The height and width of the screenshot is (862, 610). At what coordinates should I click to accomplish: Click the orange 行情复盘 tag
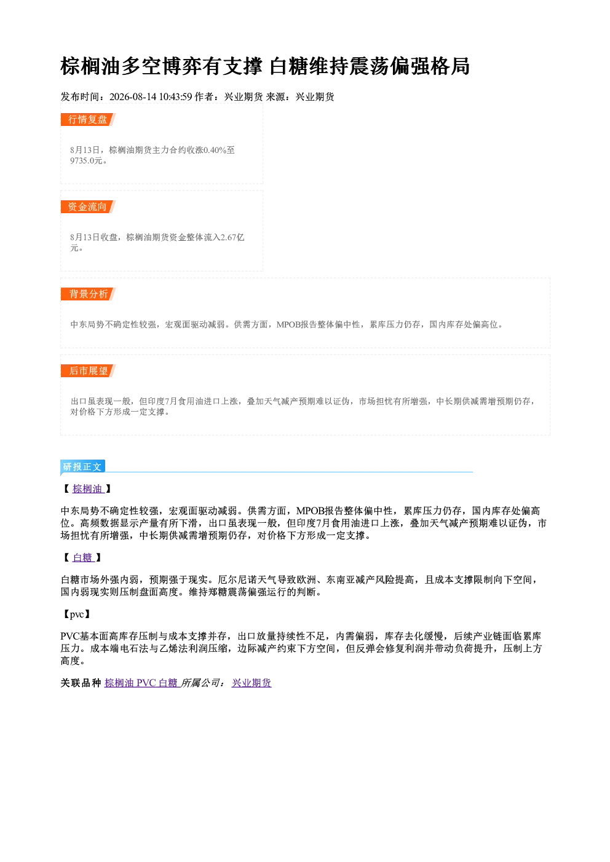[x=88, y=119]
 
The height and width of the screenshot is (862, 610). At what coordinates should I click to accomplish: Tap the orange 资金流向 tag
[x=88, y=206]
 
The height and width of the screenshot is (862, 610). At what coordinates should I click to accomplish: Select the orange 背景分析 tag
[x=88, y=294]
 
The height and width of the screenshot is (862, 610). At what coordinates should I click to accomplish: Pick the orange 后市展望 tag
[x=88, y=370]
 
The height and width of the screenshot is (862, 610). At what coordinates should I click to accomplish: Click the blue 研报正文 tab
[x=82, y=467]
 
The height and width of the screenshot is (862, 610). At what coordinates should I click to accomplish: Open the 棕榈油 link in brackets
[x=88, y=488]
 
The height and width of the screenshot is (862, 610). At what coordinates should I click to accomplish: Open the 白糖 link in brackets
[x=83, y=558]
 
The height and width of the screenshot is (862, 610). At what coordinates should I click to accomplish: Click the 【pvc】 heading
[x=77, y=614]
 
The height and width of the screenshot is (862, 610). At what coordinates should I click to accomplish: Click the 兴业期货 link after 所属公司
[x=252, y=683]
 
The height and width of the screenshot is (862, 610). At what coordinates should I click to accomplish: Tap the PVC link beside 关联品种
[x=146, y=683]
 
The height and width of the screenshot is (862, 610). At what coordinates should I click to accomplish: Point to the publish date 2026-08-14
[x=133, y=96]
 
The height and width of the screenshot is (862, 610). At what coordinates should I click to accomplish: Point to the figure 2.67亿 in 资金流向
[x=232, y=237]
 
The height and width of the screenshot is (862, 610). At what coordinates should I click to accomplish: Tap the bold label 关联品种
[x=81, y=683]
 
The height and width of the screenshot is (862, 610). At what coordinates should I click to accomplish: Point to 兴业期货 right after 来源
[x=315, y=96]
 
